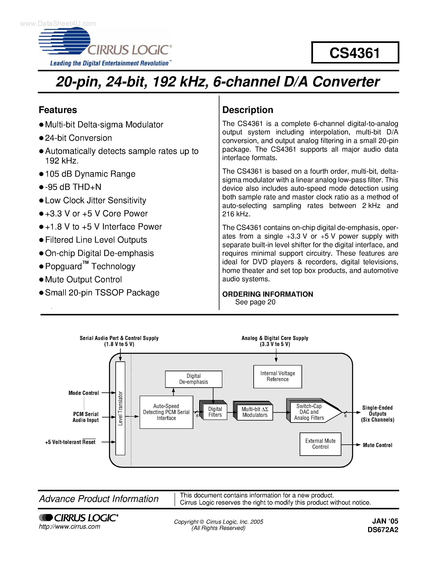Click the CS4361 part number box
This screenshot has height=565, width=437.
tap(355, 53)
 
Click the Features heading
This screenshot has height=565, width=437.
tap(58, 110)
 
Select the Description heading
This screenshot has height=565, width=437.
tap(247, 110)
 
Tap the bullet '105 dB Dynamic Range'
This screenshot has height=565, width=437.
tap(90, 174)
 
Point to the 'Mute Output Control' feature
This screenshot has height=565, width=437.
tap(83, 279)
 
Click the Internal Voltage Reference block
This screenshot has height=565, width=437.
tap(278, 376)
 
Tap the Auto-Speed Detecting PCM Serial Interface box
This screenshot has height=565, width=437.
tap(166, 412)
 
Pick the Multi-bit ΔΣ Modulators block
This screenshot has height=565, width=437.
tap(255, 412)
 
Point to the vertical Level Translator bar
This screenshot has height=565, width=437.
tap(120, 408)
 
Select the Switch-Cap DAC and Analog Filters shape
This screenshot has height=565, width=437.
tap(311, 412)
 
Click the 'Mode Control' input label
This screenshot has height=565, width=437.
tap(84, 393)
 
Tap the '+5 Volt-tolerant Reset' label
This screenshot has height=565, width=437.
tap(70, 442)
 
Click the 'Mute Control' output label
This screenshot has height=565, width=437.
tap(377, 445)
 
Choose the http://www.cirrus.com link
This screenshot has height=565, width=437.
tap(69, 527)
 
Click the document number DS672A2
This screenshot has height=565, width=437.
tap(383, 530)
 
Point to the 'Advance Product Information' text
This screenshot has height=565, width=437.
tap(99, 499)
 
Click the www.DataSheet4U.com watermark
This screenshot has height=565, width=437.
tap(58, 24)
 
